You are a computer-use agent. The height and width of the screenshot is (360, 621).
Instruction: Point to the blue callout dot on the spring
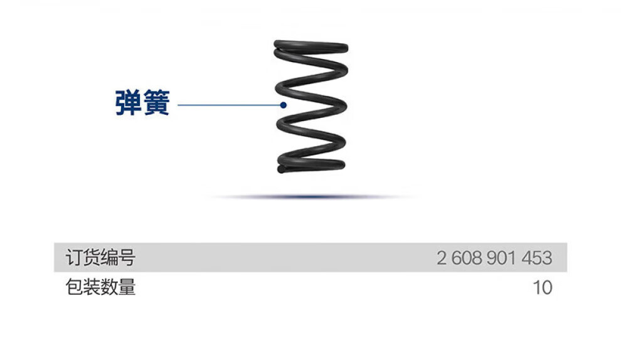[284, 105]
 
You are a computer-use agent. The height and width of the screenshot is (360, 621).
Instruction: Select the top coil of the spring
[311, 46]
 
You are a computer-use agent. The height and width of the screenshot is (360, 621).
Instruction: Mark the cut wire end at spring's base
[280, 169]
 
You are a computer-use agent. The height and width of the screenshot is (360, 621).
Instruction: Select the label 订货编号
[100, 258]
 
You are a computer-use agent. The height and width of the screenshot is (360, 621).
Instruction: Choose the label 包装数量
[100, 287]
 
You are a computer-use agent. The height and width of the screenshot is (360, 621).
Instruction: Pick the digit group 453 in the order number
[538, 258]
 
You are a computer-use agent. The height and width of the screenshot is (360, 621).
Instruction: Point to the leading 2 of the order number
[442, 258]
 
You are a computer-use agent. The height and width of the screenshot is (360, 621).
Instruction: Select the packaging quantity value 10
[543, 287]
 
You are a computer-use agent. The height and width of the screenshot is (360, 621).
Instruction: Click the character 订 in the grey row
[75, 258]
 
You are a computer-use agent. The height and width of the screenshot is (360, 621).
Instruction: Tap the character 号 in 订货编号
[127, 258]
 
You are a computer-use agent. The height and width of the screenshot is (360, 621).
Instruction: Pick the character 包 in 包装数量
[75, 287]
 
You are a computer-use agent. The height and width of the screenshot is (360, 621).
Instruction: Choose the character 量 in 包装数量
[127, 287]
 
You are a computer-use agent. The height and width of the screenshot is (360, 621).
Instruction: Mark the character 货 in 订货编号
[92, 258]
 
